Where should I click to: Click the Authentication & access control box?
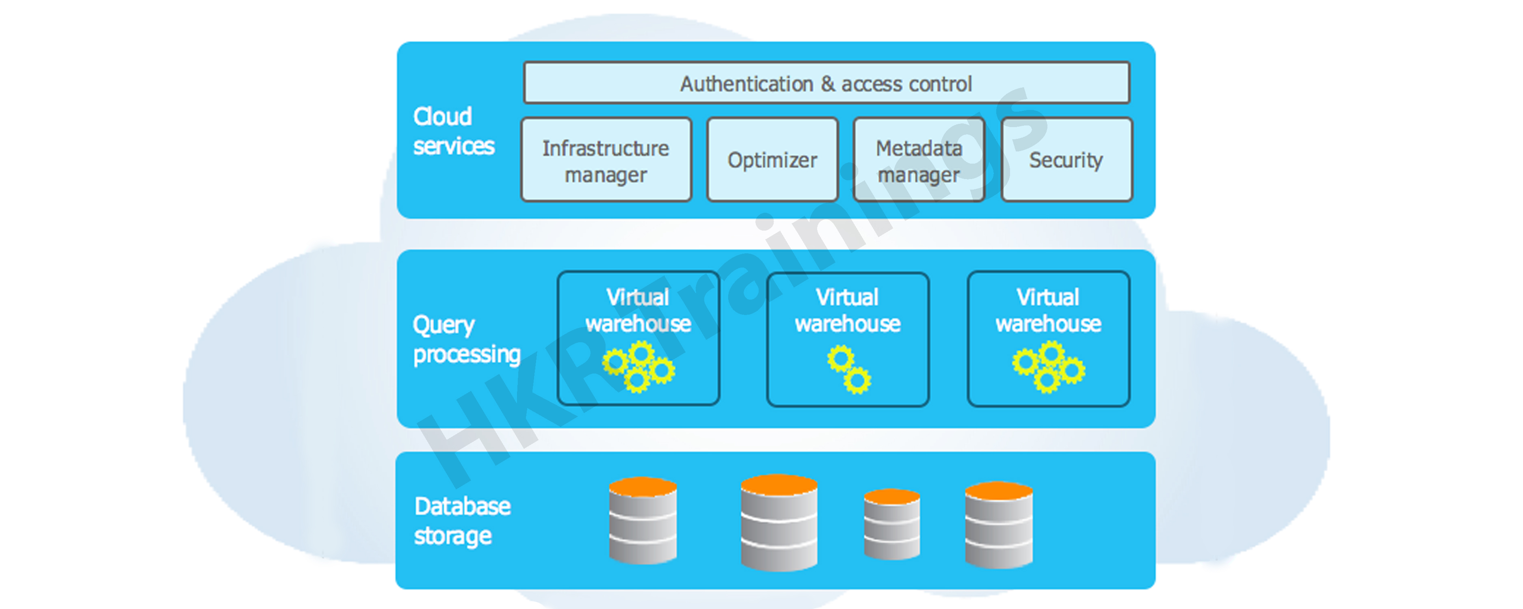point(826,83)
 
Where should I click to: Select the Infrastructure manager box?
point(606,160)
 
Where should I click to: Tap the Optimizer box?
point(772,160)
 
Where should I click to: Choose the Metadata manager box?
point(919,160)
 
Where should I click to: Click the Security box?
point(1067,160)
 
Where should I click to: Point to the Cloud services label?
point(453,131)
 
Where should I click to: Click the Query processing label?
point(466,339)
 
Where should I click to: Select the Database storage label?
point(462,521)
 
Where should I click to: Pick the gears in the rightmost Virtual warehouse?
point(1048,368)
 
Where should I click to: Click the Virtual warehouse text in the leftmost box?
point(638,311)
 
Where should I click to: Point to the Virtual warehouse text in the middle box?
point(848,311)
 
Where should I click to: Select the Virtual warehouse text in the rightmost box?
point(1048,311)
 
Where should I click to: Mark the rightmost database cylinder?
point(999,525)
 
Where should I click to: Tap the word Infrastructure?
point(606,148)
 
